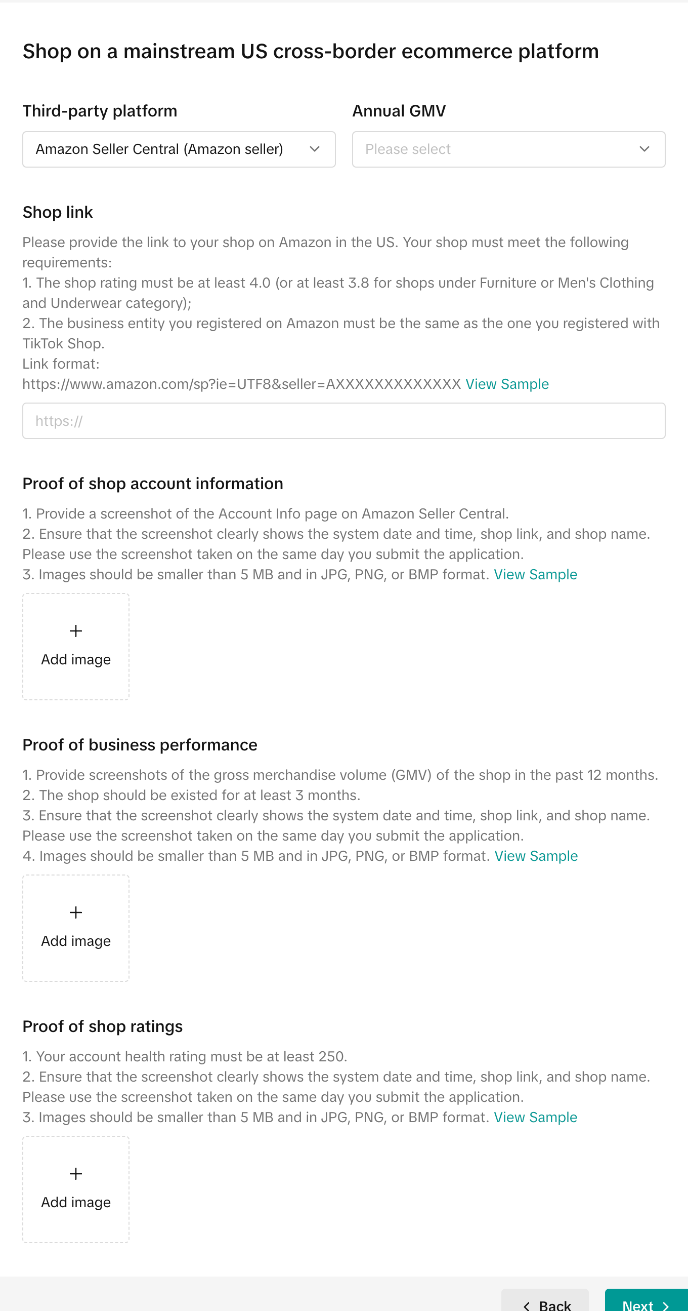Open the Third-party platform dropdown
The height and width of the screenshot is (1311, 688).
click(179, 149)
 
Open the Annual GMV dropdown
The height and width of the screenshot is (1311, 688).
click(508, 149)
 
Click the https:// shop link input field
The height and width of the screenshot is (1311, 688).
click(343, 421)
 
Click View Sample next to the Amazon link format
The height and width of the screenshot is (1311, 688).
click(506, 384)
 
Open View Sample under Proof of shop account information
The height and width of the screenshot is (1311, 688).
click(535, 575)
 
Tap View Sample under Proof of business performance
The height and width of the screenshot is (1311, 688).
click(535, 856)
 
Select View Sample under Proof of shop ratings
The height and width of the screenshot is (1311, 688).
click(535, 1117)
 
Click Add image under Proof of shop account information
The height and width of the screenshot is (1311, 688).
click(76, 646)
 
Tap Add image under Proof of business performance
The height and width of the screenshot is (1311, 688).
click(76, 928)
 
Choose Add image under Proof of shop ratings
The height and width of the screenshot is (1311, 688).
click(76, 1189)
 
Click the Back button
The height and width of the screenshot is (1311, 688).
click(545, 1303)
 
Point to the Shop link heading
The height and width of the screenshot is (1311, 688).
click(58, 212)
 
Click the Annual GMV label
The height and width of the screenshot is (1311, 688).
click(399, 111)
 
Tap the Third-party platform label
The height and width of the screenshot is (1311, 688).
click(100, 111)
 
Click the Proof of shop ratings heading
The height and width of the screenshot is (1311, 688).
click(102, 1026)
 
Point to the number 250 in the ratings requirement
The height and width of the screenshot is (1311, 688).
click(330, 1056)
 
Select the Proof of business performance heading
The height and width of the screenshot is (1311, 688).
click(140, 745)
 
